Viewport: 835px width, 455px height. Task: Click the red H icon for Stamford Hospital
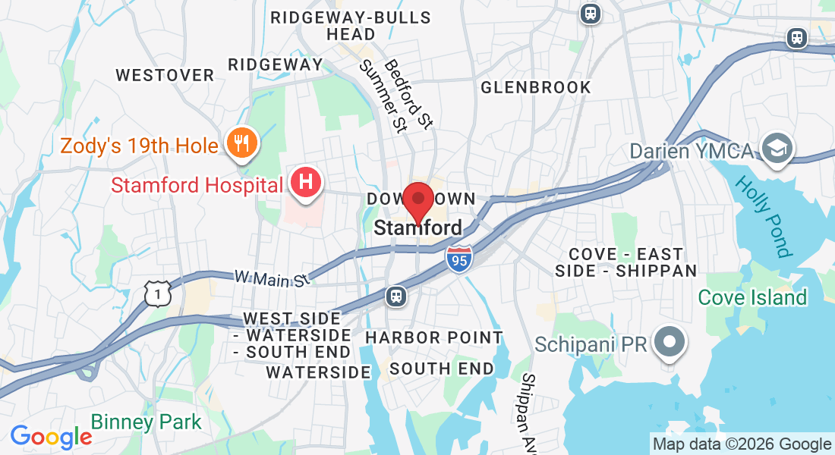tap(306, 183)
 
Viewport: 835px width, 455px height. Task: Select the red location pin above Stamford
tap(417, 201)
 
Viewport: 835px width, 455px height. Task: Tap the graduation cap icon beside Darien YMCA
tap(777, 148)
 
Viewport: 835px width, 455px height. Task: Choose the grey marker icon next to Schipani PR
tap(669, 342)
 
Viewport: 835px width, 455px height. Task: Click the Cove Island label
tap(751, 297)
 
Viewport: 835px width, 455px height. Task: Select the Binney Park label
tap(146, 422)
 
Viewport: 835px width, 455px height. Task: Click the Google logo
tap(51, 437)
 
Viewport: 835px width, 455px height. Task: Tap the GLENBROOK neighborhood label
tap(536, 87)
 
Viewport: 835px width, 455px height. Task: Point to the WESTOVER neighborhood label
tap(165, 75)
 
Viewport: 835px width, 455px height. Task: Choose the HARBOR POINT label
tap(434, 337)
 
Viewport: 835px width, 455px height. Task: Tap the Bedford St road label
tap(408, 95)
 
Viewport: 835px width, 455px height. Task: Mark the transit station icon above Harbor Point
tap(395, 296)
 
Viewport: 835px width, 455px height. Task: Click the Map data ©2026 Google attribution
tap(742, 444)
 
